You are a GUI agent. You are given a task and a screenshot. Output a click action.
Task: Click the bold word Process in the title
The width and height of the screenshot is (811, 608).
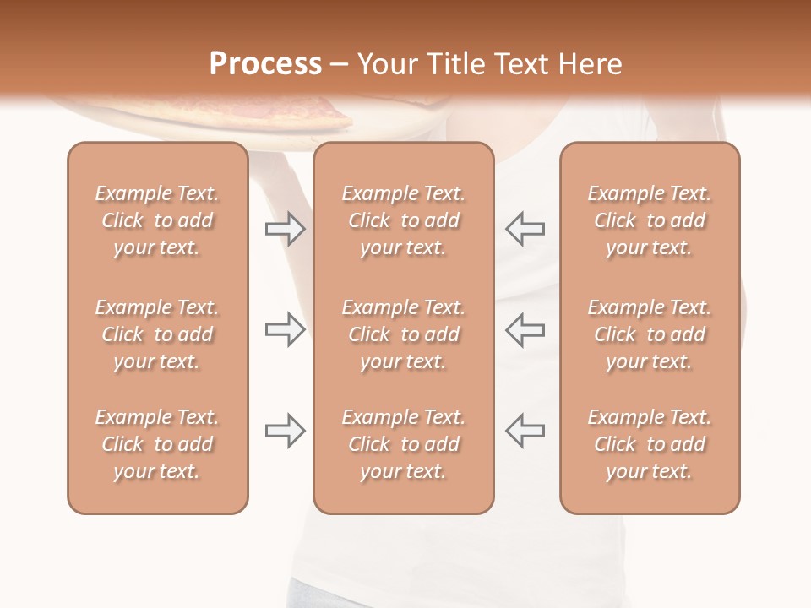click(265, 64)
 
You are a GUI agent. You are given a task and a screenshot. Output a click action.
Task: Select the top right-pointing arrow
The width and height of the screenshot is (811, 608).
click(286, 229)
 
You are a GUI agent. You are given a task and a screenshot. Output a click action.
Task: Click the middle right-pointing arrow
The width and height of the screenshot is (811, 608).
click(286, 330)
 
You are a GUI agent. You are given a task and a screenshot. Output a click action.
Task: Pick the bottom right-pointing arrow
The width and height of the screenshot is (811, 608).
click(286, 431)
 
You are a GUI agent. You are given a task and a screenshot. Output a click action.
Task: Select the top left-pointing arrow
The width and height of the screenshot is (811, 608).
click(525, 229)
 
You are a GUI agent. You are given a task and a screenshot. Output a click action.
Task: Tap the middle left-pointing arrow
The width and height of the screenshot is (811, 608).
click(525, 330)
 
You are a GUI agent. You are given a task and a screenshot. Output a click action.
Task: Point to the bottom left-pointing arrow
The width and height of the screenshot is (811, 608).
click(525, 431)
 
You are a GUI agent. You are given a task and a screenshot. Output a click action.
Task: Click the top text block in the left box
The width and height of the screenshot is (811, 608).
click(157, 220)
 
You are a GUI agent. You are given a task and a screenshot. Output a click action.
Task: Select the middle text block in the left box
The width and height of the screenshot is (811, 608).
click(157, 334)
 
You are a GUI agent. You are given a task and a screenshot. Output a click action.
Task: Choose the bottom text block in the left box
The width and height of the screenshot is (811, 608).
click(157, 444)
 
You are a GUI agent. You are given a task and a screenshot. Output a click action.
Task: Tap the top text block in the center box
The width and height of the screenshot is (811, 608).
click(403, 220)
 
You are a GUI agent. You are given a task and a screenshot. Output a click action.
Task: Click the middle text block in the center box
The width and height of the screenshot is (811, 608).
click(403, 334)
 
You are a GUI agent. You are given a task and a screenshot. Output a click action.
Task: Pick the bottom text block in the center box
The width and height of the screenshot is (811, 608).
click(403, 444)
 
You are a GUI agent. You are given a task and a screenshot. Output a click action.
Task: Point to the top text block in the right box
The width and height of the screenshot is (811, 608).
click(649, 220)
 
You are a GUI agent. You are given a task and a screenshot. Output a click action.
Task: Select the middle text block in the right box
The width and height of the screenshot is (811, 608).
click(649, 334)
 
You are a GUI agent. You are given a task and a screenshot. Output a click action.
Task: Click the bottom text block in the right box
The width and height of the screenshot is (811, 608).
click(649, 444)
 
